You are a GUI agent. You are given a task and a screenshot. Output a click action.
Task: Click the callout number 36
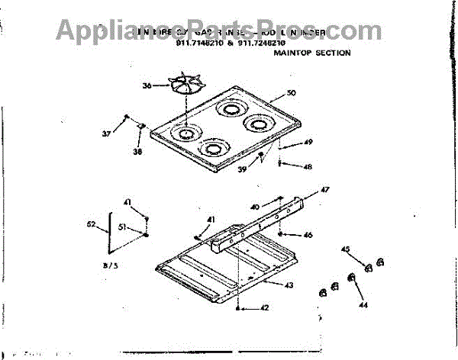click(147, 86)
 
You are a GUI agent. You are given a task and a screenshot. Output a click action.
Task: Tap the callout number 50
click(290, 93)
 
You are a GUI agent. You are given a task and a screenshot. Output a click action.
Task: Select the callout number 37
click(106, 133)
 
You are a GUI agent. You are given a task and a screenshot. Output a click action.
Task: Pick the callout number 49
click(308, 143)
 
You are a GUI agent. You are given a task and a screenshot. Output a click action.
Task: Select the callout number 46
click(308, 235)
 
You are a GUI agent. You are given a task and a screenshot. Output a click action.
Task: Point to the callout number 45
click(345, 249)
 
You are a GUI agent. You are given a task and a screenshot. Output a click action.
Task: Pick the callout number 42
click(264, 308)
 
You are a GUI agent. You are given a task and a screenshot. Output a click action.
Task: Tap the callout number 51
click(121, 227)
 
